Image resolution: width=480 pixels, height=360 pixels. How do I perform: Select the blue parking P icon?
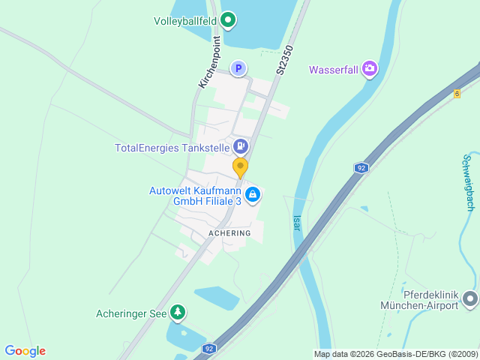(238, 69)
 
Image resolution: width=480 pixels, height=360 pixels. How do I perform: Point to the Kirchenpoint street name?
(209, 62)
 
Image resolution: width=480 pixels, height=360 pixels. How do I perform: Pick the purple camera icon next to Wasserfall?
(369, 70)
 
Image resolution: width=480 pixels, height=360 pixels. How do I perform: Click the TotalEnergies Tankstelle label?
(172, 148)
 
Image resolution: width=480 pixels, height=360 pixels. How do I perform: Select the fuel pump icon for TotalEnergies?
(241, 146)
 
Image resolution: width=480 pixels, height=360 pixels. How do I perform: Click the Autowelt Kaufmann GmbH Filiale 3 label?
(195, 196)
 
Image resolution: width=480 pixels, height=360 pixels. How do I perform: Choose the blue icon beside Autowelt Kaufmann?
(253, 195)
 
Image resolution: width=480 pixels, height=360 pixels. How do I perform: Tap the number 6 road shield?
(457, 94)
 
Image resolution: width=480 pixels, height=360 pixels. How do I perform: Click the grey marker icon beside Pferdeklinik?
(470, 299)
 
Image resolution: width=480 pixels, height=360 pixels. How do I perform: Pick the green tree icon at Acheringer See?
(177, 312)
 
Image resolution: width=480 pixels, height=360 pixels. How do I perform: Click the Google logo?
(25, 351)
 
